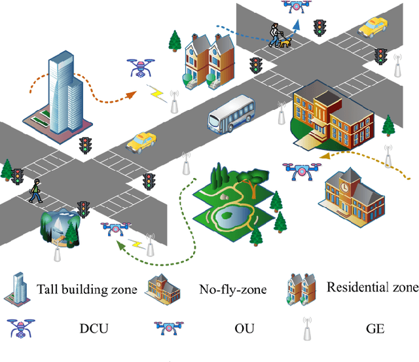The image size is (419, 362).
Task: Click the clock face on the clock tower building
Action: (x=345, y=187)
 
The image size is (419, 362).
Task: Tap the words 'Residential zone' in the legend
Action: (x=372, y=287)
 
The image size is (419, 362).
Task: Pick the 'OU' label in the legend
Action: (x=232, y=328)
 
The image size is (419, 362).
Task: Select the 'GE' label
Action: (x=372, y=328)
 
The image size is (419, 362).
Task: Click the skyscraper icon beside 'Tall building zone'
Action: (x=18, y=288)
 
